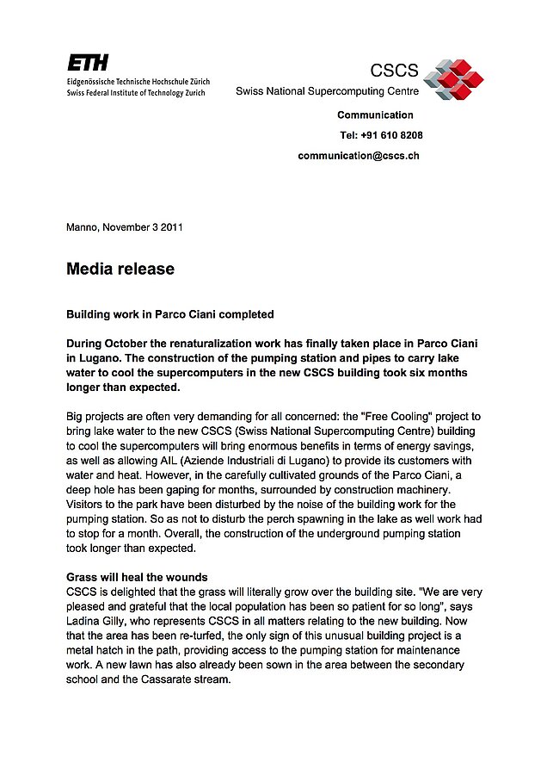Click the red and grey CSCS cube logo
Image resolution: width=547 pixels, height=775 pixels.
coord(453,78)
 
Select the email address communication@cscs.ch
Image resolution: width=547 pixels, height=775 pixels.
coord(359,156)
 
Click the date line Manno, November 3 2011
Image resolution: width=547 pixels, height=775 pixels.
coord(124,228)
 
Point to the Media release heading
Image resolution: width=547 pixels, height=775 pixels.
coord(120,270)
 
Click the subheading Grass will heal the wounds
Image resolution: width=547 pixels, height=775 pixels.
coord(136,577)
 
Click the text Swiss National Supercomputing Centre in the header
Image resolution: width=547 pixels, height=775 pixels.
coord(327,91)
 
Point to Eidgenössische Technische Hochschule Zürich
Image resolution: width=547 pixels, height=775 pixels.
coord(138,81)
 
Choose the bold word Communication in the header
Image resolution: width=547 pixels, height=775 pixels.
coord(375,115)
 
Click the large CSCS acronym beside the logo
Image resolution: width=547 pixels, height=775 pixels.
coord(394,71)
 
